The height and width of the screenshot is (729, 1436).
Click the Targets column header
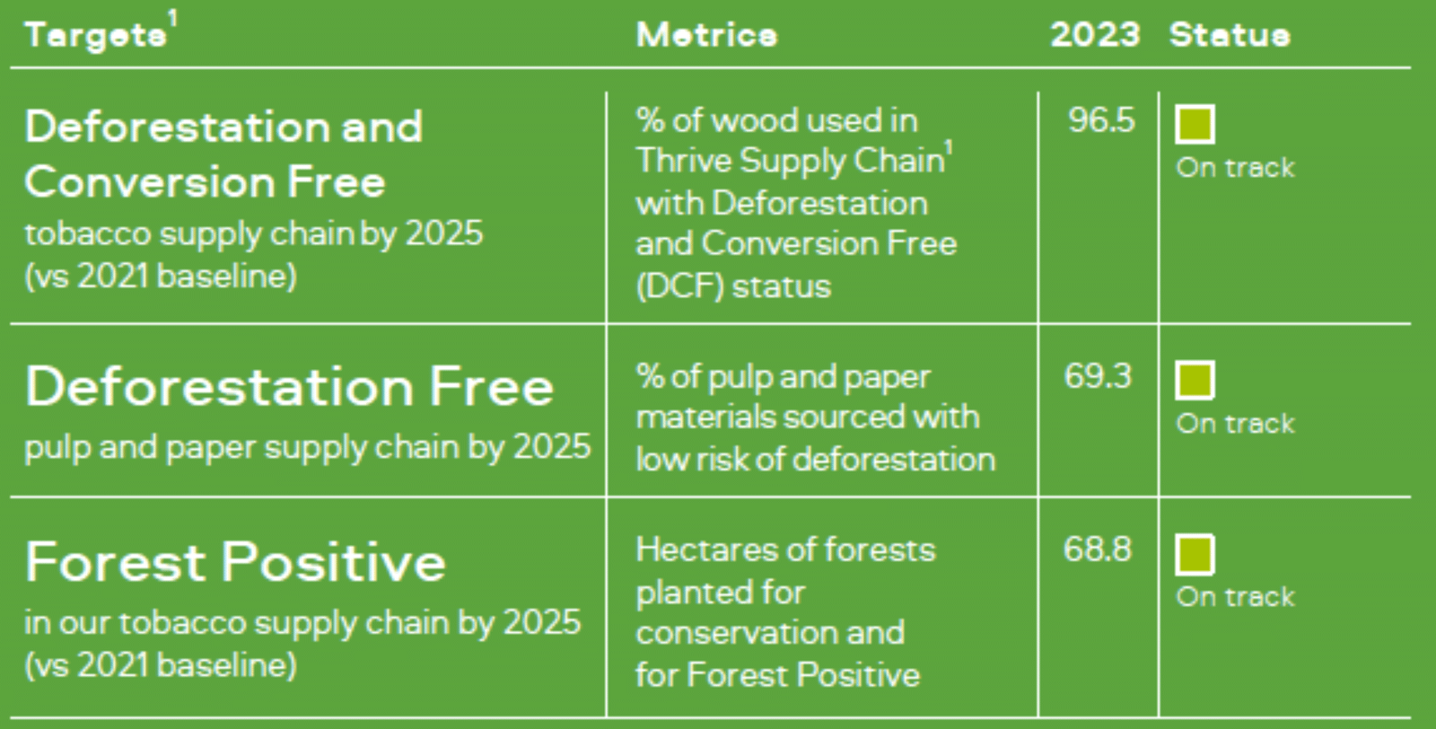pos(96,35)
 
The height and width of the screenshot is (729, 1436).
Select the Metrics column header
pos(706,35)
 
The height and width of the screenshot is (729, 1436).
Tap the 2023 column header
pos(1095,35)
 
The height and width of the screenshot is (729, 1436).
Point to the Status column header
pos(1230,35)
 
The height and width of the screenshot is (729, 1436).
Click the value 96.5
pos(1100,120)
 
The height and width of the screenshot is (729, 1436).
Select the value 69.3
pos(1098,375)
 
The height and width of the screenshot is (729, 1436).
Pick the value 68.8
pos(1097,549)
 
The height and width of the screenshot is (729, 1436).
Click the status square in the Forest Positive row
pos(1195,555)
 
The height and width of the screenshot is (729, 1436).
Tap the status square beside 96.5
pos(1195,124)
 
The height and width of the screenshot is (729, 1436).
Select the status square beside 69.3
pos(1195,380)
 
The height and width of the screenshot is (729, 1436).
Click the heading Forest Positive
pos(234,562)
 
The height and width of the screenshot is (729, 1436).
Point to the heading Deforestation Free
pos(288,387)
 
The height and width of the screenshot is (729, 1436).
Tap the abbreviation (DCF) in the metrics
pos(679,286)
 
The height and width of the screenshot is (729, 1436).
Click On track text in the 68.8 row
pos(1235,597)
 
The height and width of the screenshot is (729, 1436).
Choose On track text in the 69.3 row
pos(1235,424)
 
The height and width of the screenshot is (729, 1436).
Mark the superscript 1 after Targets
pos(173,19)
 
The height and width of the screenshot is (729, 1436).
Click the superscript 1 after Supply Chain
pos(950,149)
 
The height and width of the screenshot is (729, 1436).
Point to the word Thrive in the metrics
pos(684,161)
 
